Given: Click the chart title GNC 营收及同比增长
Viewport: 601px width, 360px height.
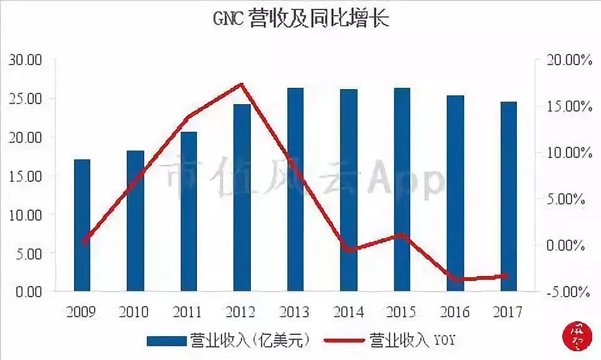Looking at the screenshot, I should pos(300,18).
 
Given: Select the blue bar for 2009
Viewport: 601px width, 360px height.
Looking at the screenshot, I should pos(82,226).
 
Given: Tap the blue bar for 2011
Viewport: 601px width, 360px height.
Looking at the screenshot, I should pos(189,212).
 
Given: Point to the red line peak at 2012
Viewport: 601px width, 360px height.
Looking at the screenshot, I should pos(242,84).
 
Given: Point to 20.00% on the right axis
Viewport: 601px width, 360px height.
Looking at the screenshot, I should pos(568,60).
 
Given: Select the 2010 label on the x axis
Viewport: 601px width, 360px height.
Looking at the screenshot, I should pos(135,311).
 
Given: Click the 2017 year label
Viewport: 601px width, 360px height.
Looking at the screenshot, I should pos(508,311).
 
